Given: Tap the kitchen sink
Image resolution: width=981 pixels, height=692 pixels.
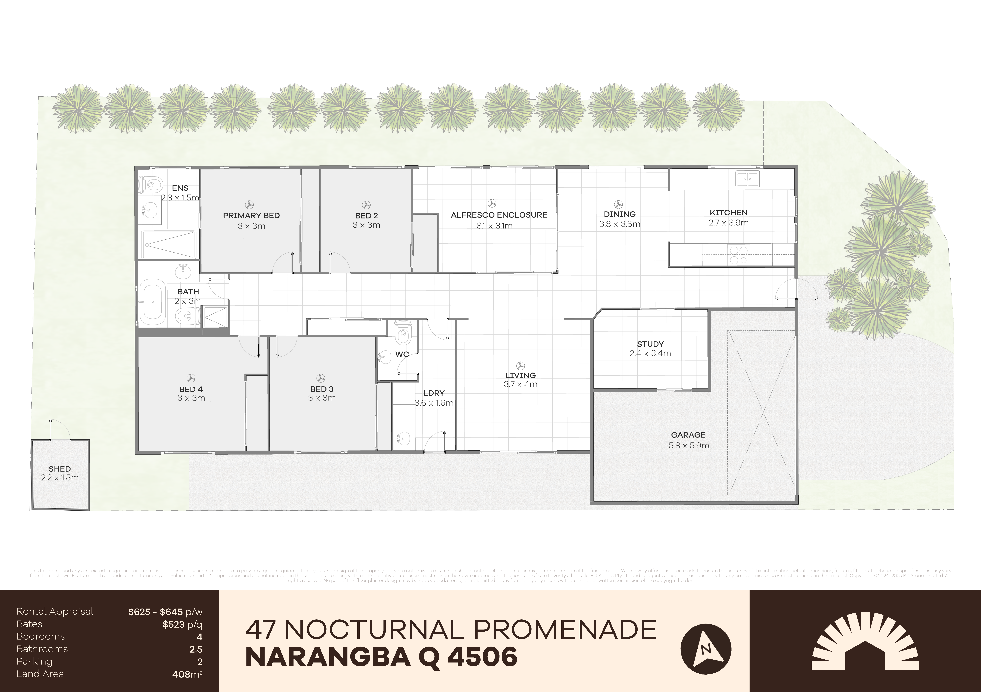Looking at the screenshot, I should (747, 179).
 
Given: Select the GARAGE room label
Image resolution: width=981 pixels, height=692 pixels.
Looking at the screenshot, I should (688, 435).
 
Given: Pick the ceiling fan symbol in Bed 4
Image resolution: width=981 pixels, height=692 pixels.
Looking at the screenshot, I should (191, 378).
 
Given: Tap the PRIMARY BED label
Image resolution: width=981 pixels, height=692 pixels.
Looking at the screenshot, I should (251, 215).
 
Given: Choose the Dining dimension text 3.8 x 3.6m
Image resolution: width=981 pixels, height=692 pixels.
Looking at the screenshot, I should (620, 224).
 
